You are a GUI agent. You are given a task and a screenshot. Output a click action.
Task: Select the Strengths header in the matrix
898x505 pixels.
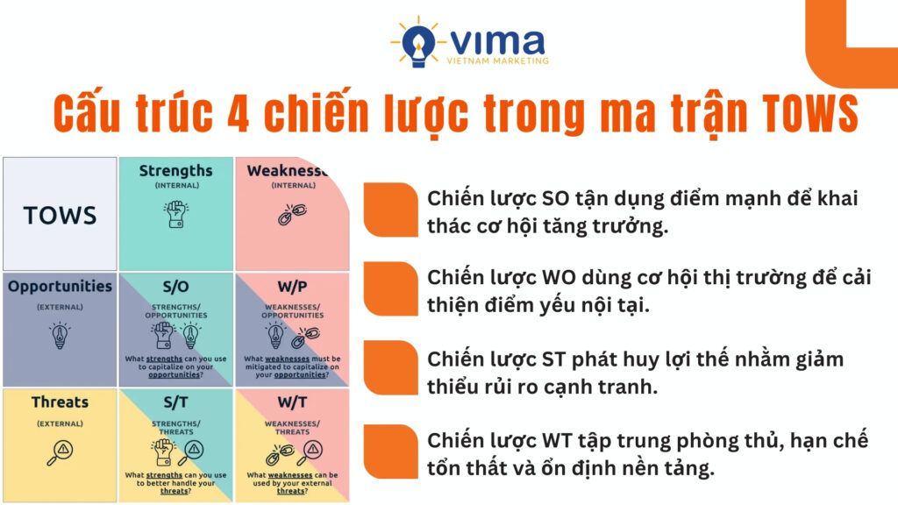tap(175, 171)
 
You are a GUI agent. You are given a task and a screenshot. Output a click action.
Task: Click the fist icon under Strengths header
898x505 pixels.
tap(175, 214)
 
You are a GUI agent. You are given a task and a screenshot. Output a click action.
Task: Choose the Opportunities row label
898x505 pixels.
tap(60, 287)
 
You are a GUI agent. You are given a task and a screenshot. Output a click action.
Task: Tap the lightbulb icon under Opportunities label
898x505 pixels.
tap(60, 336)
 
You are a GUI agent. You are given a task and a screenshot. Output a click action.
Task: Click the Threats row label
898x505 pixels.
tap(60, 402)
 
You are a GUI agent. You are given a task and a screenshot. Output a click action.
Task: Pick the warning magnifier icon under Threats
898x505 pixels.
tap(60, 450)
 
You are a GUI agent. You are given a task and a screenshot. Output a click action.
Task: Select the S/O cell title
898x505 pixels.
tap(176, 287)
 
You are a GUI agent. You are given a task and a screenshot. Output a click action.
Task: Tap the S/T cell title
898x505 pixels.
tap(176, 402)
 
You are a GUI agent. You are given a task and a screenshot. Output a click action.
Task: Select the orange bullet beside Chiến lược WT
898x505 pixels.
tap(390, 452)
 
